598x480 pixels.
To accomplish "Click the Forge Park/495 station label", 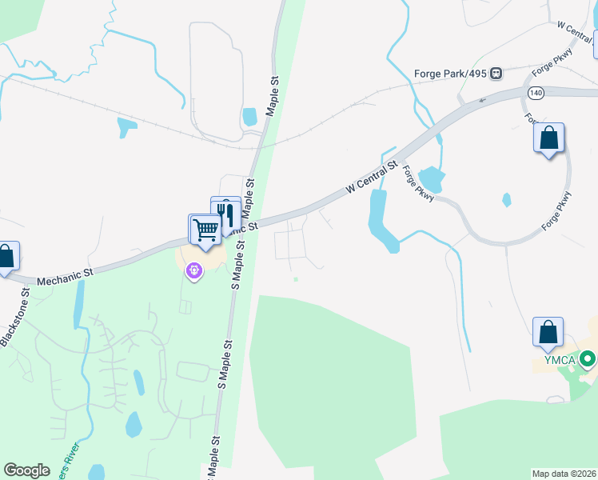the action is click(451, 74).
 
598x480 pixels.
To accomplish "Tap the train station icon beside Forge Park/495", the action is click(496, 74).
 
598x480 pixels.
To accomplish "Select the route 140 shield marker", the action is click(533, 93).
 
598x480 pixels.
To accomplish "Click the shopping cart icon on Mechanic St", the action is click(205, 230).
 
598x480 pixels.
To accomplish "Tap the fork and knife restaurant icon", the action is click(226, 214).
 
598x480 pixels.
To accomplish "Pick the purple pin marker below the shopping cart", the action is click(194, 272).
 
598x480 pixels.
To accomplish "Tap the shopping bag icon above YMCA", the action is click(548, 333).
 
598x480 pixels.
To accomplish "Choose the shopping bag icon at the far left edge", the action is click(6, 258).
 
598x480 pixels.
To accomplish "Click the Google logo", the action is click(26, 470).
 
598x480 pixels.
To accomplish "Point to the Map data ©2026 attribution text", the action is click(564, 474).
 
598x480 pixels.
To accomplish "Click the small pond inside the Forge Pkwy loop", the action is click(506, 199).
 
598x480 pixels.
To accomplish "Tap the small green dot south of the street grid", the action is click(296, 279).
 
